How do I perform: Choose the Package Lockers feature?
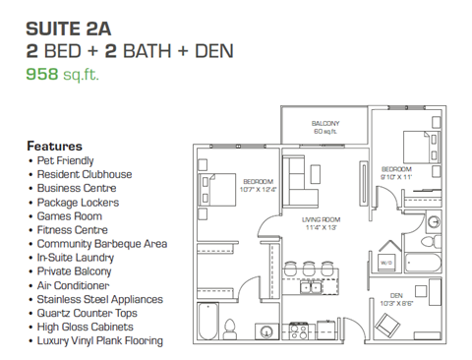click(79, 202)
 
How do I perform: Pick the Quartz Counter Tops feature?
click(89, 314)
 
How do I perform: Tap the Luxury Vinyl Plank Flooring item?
click(99, 341)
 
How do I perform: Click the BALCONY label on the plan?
click(325, 123)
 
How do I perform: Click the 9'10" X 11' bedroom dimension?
click(397, 176)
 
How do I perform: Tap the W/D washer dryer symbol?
click(386, 263)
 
